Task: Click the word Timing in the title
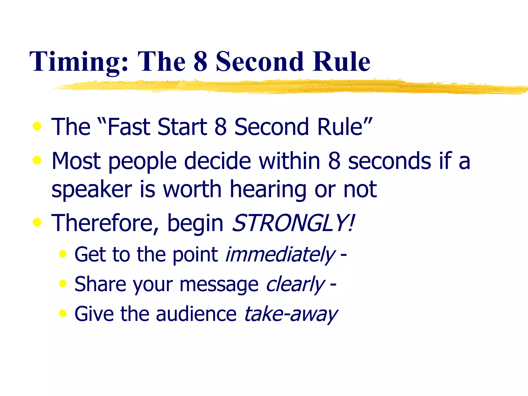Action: [x=79, y=62]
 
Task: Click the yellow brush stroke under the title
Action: [x=284, y=87]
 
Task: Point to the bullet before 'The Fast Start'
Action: [x=37, y=126]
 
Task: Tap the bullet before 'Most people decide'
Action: [x=37, y=160]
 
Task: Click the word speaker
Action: [x=92, y=189]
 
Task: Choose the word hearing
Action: [x=268, y=189]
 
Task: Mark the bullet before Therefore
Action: [x=37, y=222]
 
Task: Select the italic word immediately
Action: [x=280, y=255]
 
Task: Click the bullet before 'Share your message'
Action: [x=63, y=284]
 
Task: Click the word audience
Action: [x=196, y=314]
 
